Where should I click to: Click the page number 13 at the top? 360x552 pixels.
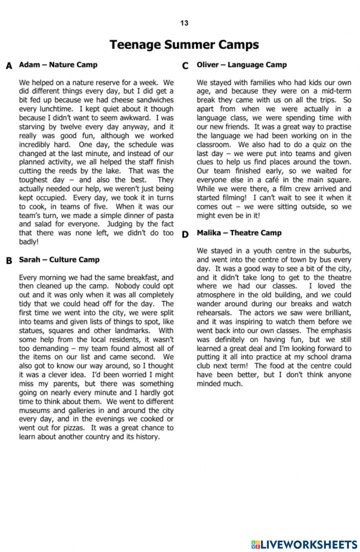pos(184,23)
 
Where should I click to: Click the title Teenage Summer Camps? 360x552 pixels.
pos(184,45)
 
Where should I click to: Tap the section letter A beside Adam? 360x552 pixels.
pos(9,66)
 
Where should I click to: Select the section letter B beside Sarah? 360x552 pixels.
pos(9,261)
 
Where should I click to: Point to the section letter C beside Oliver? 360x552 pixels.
pos(185,66)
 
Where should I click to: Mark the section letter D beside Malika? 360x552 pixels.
pos(185,234)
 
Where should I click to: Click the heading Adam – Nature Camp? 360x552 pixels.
pos(58,65)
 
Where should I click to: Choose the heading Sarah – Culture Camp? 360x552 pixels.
pos(59,260)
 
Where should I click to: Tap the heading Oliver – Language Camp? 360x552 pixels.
pos(242,65)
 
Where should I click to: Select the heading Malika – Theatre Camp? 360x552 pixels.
pos(239,233)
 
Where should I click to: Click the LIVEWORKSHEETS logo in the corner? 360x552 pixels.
pos(304,544)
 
